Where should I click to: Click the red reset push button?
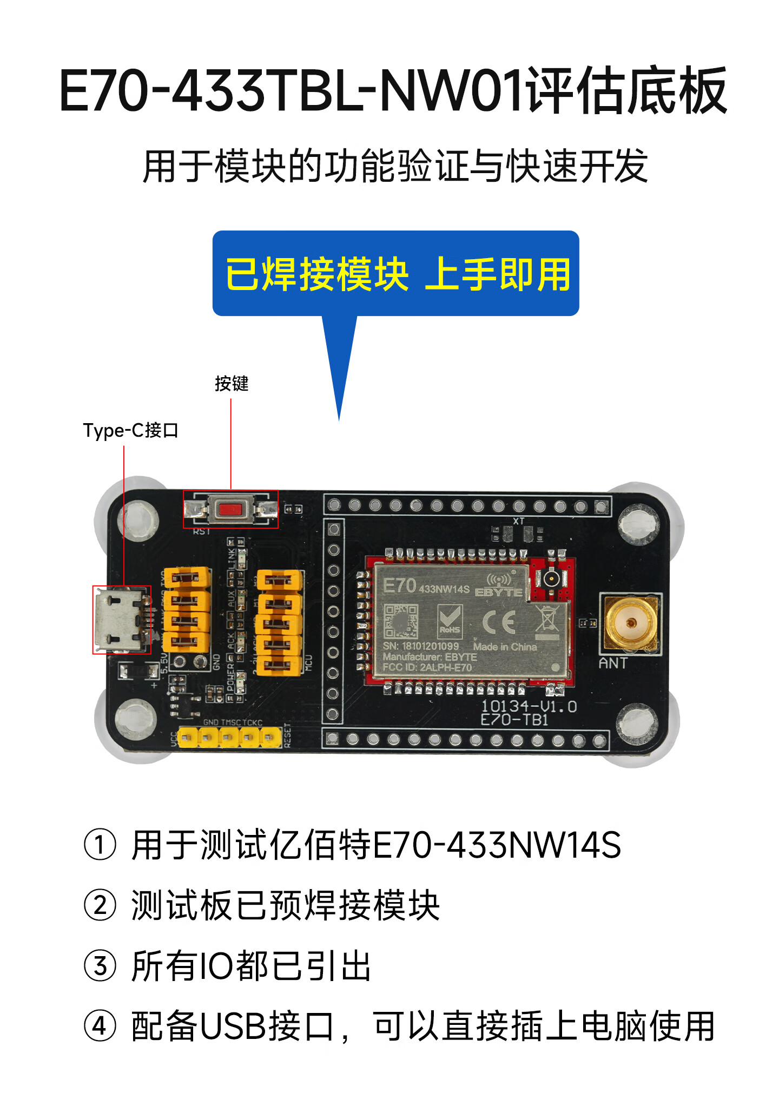(x=230, y=509)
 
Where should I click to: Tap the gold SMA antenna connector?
(x=631, y=623)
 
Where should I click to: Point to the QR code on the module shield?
(x=400, y=621)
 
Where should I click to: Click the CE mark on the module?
(x=498, y=622)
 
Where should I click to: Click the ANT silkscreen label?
(x=613, y=663)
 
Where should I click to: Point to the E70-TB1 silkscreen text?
(x=514, y=720)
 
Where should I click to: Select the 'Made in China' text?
(x=505, y=647)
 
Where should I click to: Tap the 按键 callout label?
(x=232, y=384)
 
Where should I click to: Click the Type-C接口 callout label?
(x=130, y=431)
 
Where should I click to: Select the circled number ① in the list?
(x=100, y=845)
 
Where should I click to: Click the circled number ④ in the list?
(x=100, y=1026)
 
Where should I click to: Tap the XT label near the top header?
(x=519, y=521)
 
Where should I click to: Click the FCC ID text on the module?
(x=427, y=667)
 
